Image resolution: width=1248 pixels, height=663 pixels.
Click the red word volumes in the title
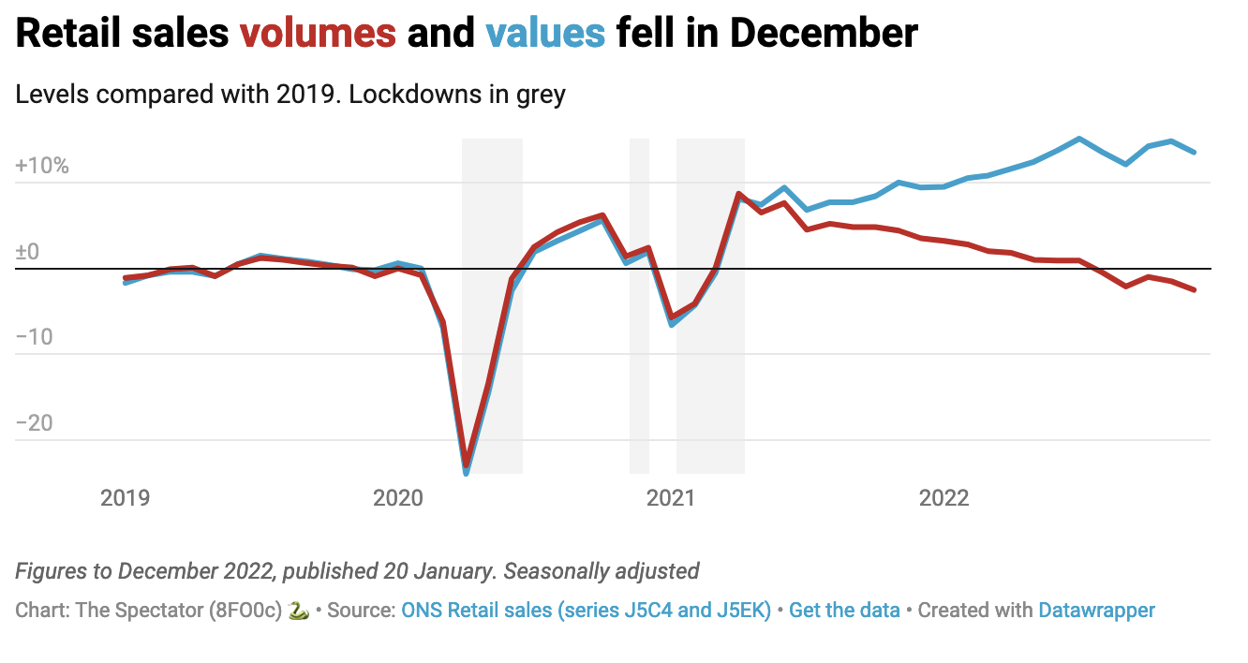tap(318, 34)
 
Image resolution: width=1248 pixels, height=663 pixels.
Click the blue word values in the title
tap(545, 34)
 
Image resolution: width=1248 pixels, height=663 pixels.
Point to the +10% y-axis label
tap(42, 167)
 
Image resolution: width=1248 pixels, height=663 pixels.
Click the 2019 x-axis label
tap(125, 497)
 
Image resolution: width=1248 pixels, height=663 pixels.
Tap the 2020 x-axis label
tap(397, 497)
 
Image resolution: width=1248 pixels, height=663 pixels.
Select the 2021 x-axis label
tap(671, 497)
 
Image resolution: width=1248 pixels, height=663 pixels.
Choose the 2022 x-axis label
tap(943, 497)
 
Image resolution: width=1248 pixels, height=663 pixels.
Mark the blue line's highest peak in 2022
tap(1079, 139)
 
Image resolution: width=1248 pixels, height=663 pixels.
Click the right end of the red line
tap(1194, 290)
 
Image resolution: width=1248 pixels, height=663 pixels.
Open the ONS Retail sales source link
tap(586, 611)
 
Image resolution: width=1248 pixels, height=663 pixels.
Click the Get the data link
tap(844, 611)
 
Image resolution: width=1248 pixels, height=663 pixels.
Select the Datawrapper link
tap(1096, 611)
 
